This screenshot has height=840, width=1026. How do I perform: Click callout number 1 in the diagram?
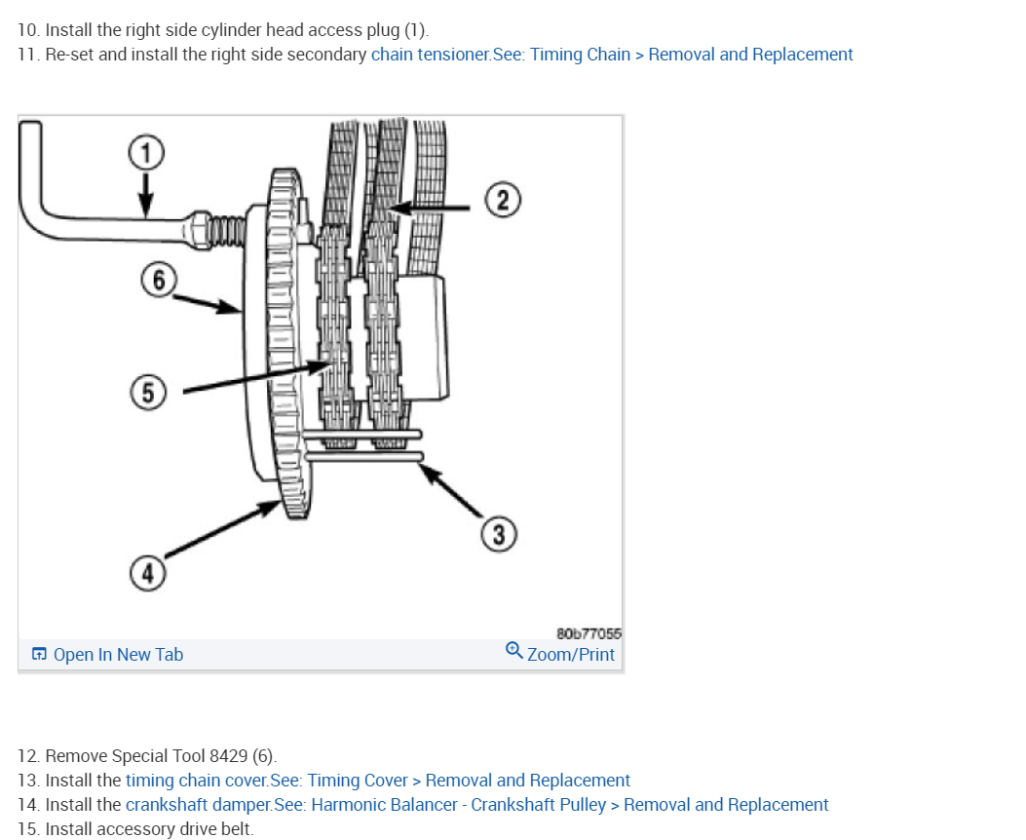pyautogui.click(x=145, y=152)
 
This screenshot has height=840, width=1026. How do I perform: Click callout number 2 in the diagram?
pyautogui.click(x=503, y=201)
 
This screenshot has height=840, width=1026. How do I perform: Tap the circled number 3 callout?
pyautogui.click(x=499, y=535)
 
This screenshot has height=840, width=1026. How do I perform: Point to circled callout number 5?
pyautogui.click(x=147, y=392)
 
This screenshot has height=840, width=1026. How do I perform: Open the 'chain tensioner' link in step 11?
pyautogui.click(x=430, y=55)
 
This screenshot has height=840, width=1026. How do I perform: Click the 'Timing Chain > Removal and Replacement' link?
pyautogui.click(x=692, y=55)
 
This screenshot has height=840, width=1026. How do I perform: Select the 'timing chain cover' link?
pyautogui.click(x=195, y=781)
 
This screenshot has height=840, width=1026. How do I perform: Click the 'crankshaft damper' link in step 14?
pyautogui.click(x=199, y=805)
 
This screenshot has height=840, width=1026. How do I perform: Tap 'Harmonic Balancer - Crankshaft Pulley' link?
pyautogui.click(x=459, y=805)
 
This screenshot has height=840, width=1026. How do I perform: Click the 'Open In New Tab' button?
pyautogui.click(x=108, y=655)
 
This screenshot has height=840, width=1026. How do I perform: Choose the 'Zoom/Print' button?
pyautogui.click(x=570, y=654)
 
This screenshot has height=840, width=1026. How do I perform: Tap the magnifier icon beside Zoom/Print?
pyautogui.click(x=513, y=651)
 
